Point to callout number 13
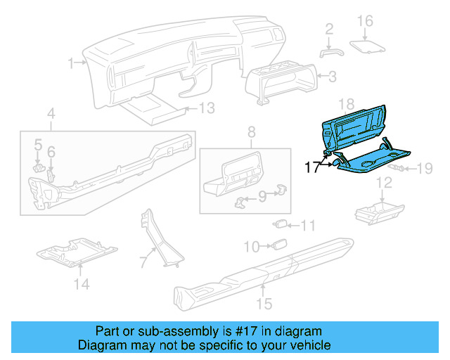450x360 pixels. [x=205, y=108]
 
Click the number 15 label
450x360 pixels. [x=264, y=304]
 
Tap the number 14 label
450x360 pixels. [x=82, y=284]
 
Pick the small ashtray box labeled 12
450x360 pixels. [x=378, y=209]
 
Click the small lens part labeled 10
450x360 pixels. [x=279, y=245]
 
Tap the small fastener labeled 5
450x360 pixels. [x=40, y=167]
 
